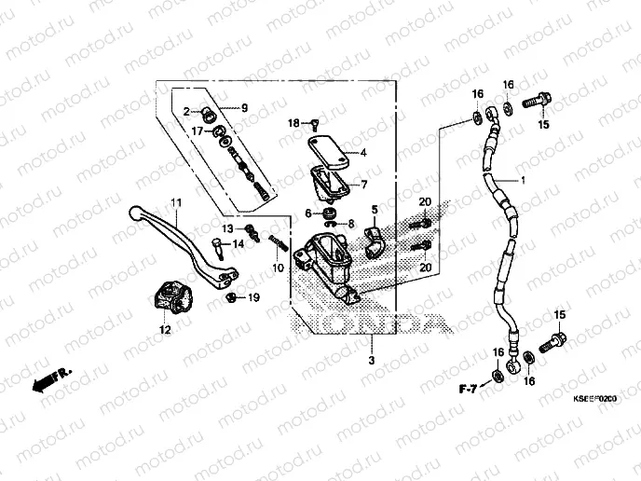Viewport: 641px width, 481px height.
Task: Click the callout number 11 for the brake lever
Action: tap(173, 202)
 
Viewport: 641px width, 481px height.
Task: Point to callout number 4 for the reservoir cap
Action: tap(363, 153)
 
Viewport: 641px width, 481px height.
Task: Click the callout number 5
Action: tap(244, 108)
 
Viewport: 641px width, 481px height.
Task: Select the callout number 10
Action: tap(277, 268)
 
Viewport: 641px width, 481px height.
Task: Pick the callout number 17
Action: tap(198, 131)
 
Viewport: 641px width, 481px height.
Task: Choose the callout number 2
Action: tap(186, 111)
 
